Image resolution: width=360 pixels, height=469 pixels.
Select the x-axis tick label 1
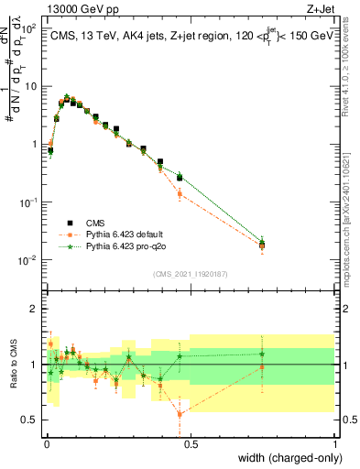click(334, 442)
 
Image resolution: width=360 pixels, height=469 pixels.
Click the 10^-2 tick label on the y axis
click(28, 260)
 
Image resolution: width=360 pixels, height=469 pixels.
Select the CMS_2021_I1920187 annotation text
click(190, 274)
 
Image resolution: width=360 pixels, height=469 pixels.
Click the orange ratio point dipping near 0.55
click(180, 414)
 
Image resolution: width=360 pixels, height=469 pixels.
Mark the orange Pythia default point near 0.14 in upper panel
click(180, 194)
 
